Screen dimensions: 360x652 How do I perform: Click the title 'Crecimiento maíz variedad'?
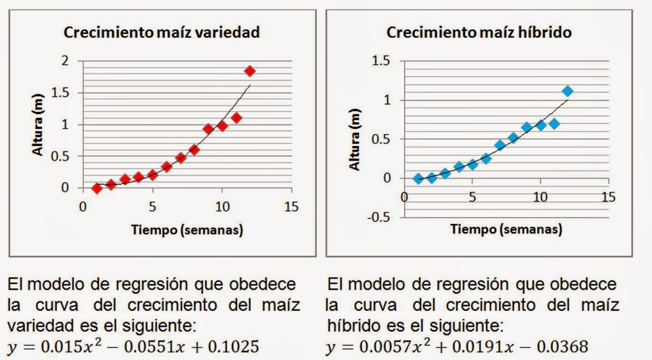(x=162, y=32)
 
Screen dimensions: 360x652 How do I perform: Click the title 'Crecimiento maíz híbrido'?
(x=479, y=32)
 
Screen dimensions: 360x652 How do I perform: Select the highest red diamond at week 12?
(x=250, y=71)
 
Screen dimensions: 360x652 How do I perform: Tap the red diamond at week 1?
(x=97, y=189)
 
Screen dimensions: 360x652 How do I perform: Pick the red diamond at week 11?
(x=236, y=118)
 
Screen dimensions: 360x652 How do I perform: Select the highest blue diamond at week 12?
(x=567, y=91)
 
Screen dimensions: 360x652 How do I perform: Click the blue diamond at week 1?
(x=418, y=179)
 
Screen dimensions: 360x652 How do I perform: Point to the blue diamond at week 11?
(x=554, y=123)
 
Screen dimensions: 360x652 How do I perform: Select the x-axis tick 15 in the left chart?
(x=291, y=207)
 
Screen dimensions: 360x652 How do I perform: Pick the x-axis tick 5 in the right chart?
(x=472, y=197)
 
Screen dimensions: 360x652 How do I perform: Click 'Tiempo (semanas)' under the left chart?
(x=187, y=230)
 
